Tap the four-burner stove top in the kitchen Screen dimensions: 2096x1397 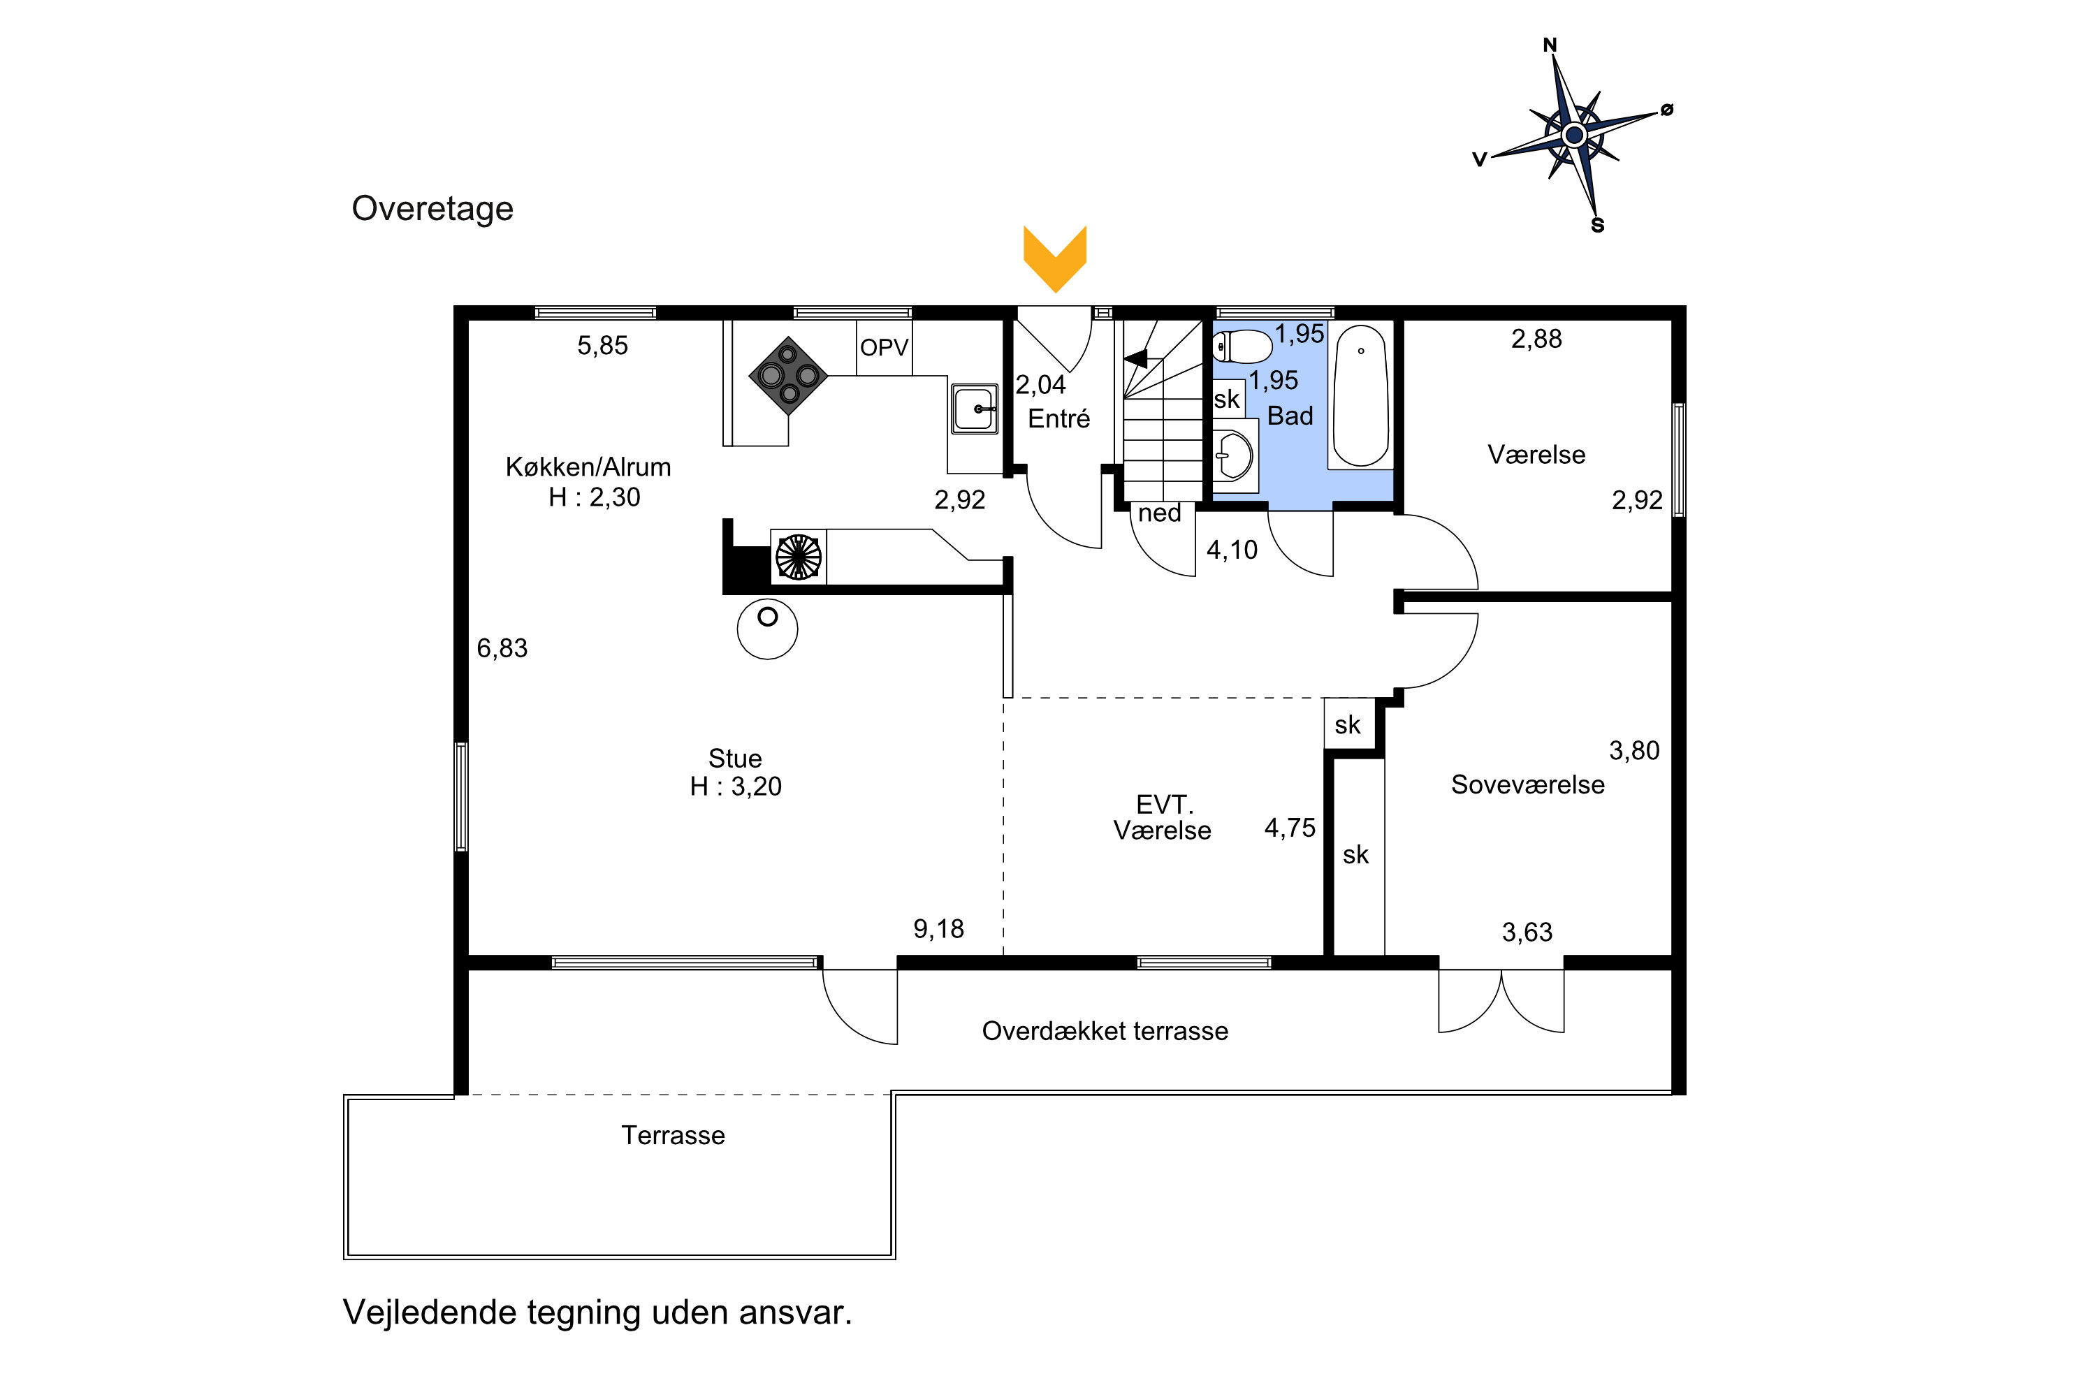789,375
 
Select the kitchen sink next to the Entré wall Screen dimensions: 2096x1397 975,409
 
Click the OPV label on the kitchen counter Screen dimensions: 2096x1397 884,347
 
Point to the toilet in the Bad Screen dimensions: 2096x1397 1242,346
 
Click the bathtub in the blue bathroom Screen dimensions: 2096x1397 1360,395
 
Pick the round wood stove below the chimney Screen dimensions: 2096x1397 767,629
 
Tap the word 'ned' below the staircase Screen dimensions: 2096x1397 1159,513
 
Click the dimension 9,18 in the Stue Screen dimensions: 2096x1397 938,929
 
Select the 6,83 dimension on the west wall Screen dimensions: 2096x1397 502,648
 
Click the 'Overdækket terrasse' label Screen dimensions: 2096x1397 1105,1031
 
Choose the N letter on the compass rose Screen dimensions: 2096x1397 1550,45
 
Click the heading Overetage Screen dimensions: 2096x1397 432,208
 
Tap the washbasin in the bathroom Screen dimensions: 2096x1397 1235,455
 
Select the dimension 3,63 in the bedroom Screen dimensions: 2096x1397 1527,932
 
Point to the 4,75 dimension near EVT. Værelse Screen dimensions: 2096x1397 1290,828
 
